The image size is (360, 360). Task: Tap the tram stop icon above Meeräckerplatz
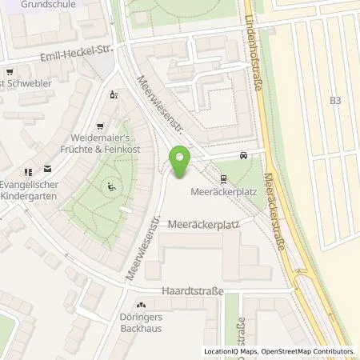click(223, 180)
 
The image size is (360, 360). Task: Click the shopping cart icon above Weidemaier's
click(99, 126)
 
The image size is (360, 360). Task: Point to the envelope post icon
click(47, 169)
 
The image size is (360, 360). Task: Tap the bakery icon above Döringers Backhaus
click(141, 305)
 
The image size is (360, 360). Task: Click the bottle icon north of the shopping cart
click(113, 94)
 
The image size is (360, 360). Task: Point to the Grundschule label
click(22, 3)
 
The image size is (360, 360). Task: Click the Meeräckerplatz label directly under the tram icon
click(222, 193)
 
